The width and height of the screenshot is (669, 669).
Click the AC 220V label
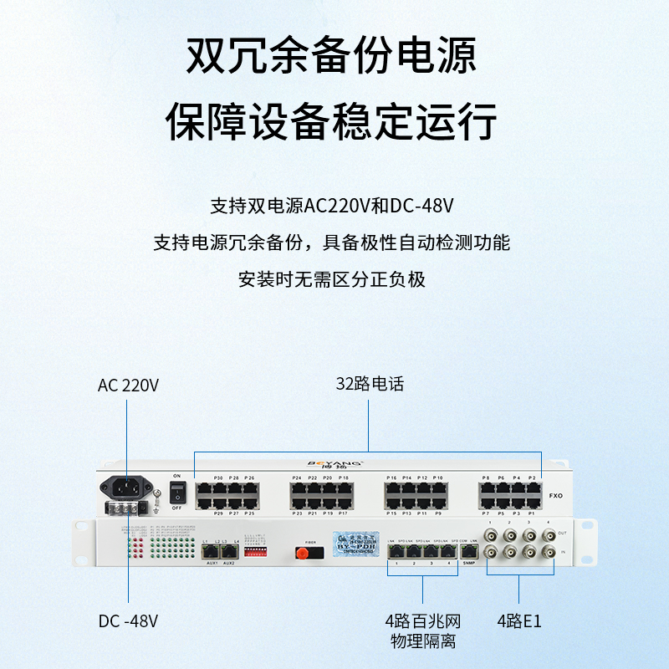(x=128, y=386)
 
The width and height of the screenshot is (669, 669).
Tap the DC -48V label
(x=128, y=621)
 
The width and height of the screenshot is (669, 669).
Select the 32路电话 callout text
(x=370, y=385)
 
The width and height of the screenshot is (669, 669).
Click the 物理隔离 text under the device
(x=422, y=641)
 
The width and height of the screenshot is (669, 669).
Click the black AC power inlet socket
(x=126, y=487)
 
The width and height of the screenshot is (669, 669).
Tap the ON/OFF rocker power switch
(x=176, y=492)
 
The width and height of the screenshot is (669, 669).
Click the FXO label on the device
(x=555, y=495)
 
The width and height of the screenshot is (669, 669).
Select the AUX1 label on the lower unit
(x=212, y=563)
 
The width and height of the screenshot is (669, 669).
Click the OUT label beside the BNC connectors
(x=562, y=533)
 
